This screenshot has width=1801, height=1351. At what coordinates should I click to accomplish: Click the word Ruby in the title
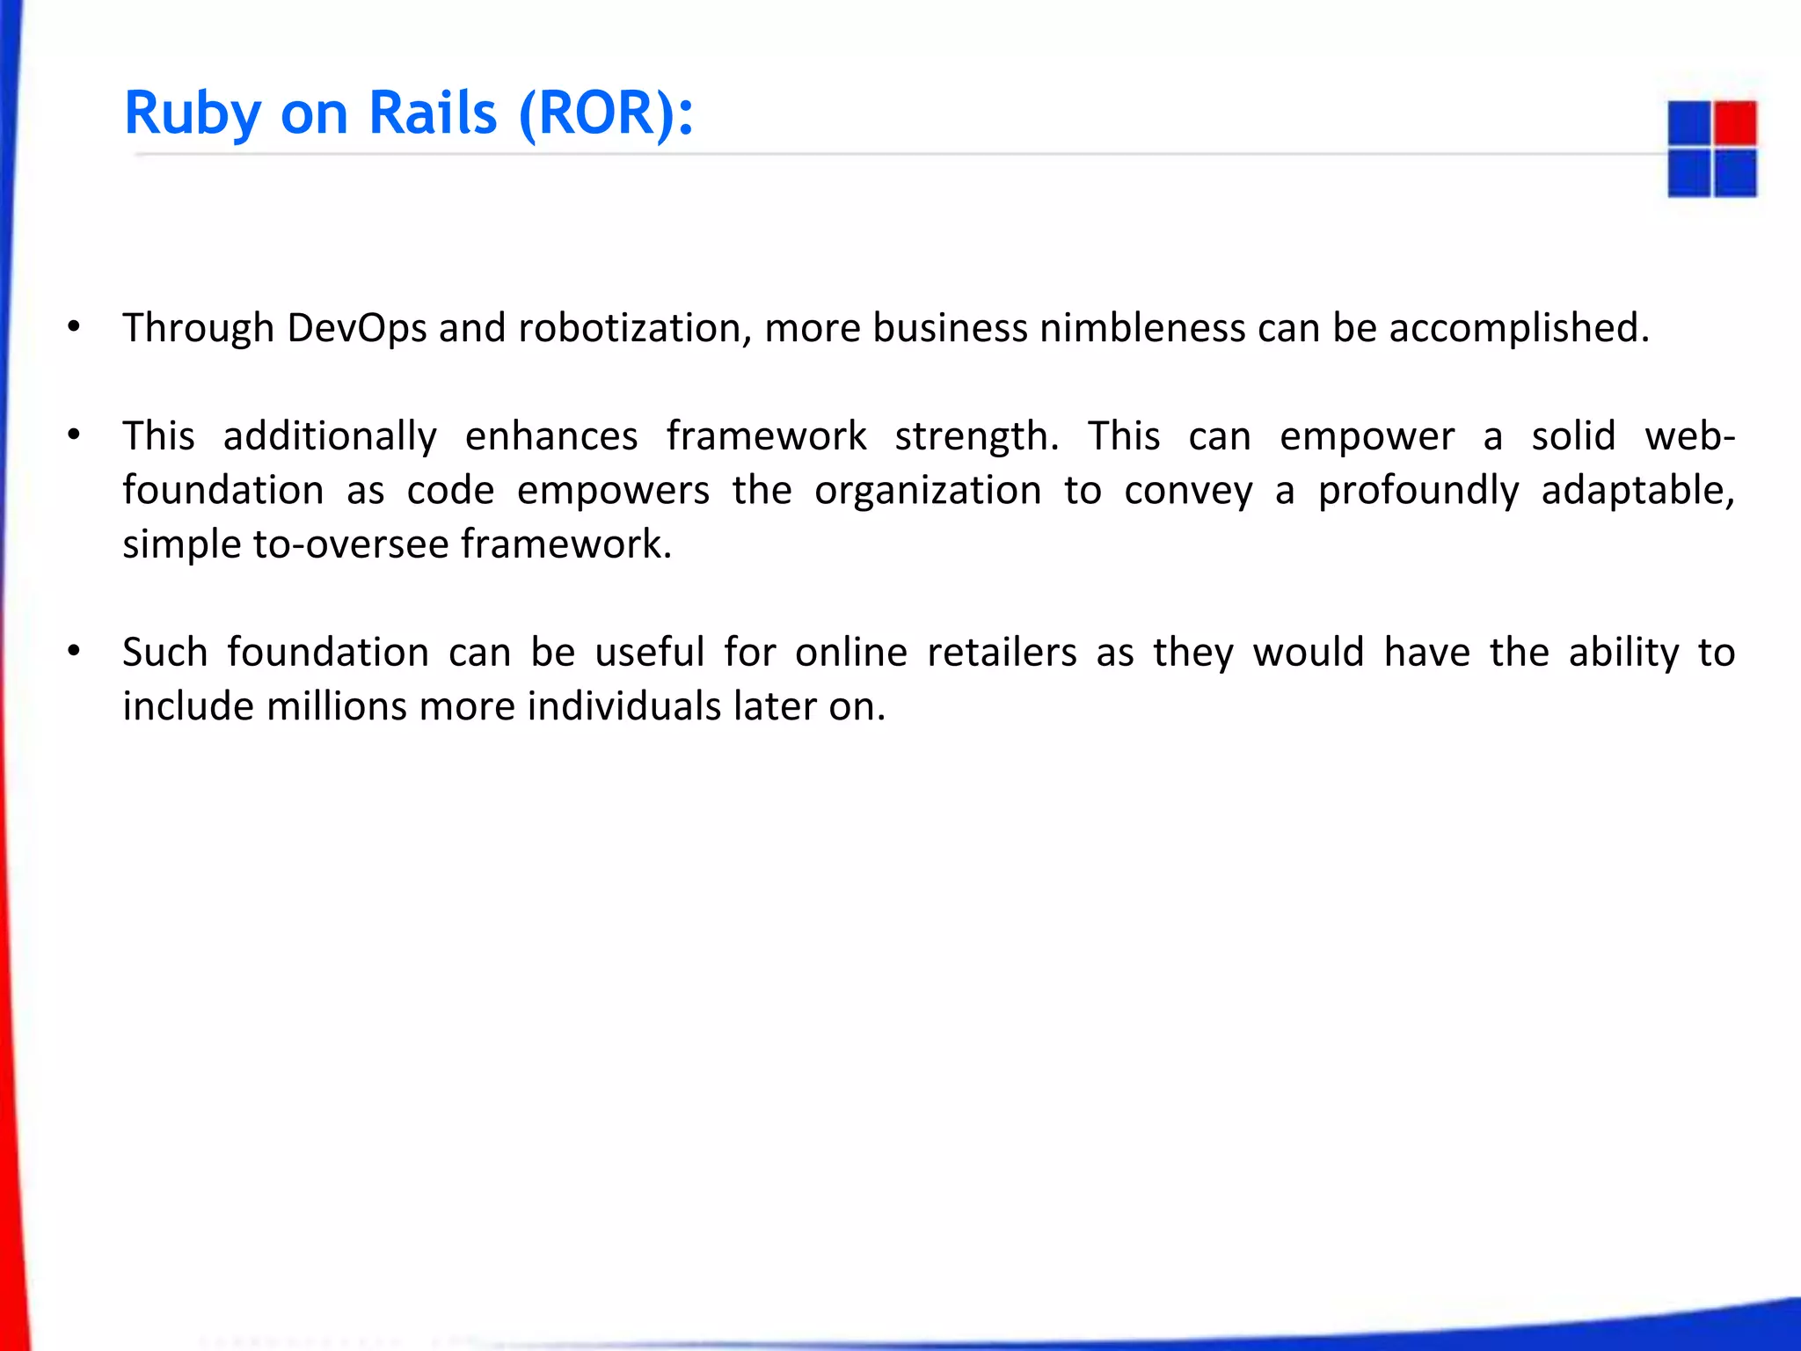pos(193,114)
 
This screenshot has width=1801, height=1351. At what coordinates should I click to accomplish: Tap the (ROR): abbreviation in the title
pos(606,114)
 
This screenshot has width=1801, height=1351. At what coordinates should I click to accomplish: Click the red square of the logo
pos(1735,123)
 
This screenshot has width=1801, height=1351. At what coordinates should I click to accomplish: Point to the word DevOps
pos(356,329)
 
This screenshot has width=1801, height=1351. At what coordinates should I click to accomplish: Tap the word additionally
pos(330,436)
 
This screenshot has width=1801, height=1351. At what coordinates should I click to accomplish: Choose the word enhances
pos(551,436)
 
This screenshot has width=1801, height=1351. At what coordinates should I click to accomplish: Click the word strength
pos(976,436)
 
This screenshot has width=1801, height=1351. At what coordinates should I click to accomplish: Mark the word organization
pos(928,491)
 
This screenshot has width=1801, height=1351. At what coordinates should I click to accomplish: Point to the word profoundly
pos(1418,491)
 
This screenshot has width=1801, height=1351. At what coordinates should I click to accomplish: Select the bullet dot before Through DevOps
pos(75,327)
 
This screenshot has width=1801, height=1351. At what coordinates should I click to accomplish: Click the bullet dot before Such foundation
pos(75,652)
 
